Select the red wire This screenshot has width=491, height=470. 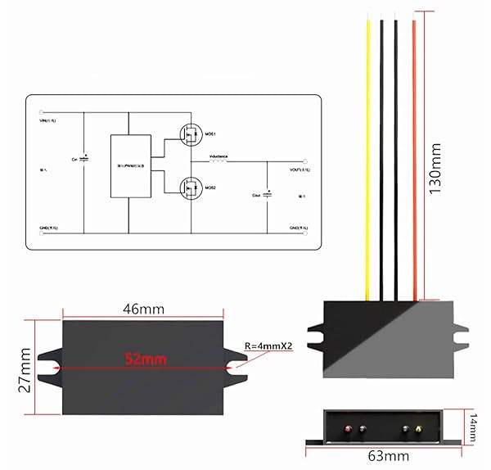414,164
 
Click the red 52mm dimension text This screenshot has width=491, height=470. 144,359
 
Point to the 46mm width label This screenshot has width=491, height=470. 144,310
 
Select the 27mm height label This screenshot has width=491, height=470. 25,368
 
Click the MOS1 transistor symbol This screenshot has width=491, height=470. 191,133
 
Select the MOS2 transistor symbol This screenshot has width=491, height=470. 191,188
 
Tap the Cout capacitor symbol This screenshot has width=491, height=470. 267,196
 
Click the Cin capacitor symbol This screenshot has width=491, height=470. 85,157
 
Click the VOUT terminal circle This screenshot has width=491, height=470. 306,160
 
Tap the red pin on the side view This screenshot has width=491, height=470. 349,428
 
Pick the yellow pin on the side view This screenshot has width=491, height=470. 420,428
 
